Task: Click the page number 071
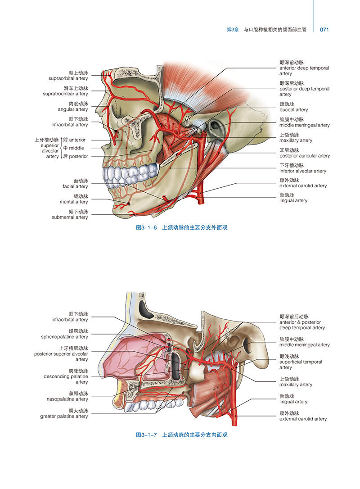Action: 324,30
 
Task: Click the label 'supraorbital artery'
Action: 68,78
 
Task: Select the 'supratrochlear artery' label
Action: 65,94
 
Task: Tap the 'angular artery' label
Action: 72,109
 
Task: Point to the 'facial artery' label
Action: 75,186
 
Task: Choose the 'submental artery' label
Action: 70,217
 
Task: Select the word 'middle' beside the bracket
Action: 80,148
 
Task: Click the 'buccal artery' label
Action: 293,110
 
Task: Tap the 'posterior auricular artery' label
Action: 304,156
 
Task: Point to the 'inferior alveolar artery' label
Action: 302,171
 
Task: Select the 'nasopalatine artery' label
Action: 67,399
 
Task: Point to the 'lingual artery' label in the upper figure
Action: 293,201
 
